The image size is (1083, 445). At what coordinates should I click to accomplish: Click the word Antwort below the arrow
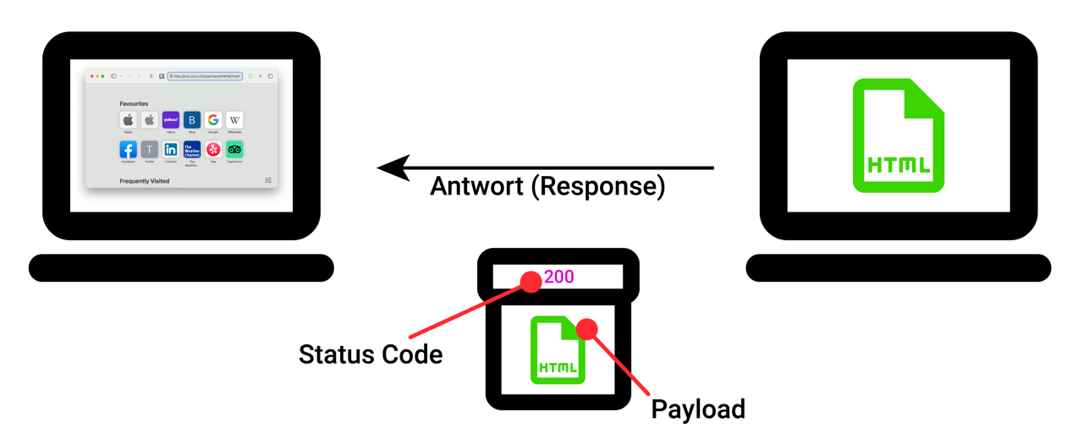(x=476, y=185)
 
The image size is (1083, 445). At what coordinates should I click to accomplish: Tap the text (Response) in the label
(x=598, y=185)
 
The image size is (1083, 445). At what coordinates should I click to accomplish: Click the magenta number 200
(x=558, y=277)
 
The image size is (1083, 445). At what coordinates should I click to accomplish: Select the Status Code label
(x=370, y=354)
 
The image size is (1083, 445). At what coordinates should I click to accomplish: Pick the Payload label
(x=698, y=409)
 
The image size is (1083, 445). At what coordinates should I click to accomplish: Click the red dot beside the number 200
(x=531, y=282)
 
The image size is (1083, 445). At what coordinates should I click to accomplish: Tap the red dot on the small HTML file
(x=587, y=329)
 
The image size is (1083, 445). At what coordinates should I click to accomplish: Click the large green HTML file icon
(x=898, y=135)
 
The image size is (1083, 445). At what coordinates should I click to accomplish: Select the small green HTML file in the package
(x=558, y=349)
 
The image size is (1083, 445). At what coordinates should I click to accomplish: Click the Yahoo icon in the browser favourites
(x=171, y=120)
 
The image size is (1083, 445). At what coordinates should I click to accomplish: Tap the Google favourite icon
(x=213, y=120)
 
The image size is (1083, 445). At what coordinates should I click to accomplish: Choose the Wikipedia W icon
(x=234, y=120)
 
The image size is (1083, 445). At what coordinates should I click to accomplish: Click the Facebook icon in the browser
(x=128, y=150)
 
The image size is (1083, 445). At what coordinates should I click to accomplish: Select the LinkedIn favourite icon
(x=171, y=150)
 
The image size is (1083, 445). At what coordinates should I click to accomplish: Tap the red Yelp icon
(x=213, y=150)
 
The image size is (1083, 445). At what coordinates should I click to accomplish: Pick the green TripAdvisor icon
(x=234, y=150)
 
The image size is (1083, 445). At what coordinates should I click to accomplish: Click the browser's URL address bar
(x=206, y=76)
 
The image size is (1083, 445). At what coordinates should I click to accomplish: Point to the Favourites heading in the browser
(x=134, y=104)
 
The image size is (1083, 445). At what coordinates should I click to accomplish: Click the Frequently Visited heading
(x=144, y=181)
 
